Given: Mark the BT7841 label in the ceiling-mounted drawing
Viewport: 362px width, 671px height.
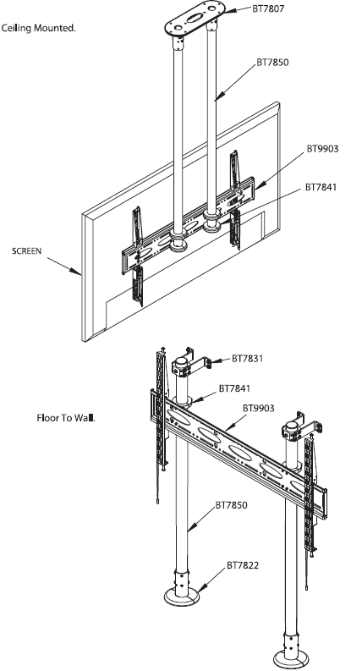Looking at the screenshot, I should [x=321, y=186].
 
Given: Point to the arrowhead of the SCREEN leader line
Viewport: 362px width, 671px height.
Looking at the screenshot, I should [x=80, y=275].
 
